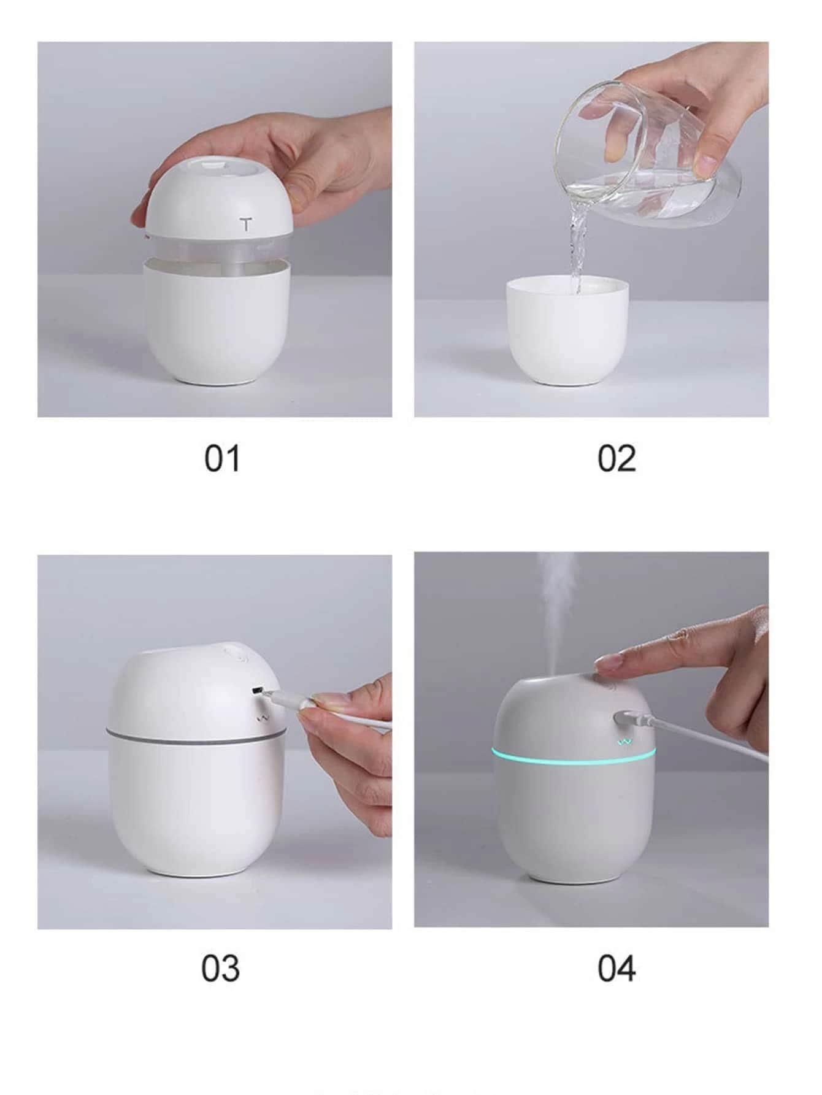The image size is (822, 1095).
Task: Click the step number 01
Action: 222,459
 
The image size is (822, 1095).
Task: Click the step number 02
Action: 617,459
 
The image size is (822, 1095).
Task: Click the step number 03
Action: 221,969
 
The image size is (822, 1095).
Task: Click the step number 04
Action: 617,969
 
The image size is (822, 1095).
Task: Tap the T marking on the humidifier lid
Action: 246,224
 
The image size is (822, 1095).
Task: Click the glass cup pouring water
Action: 647,163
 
